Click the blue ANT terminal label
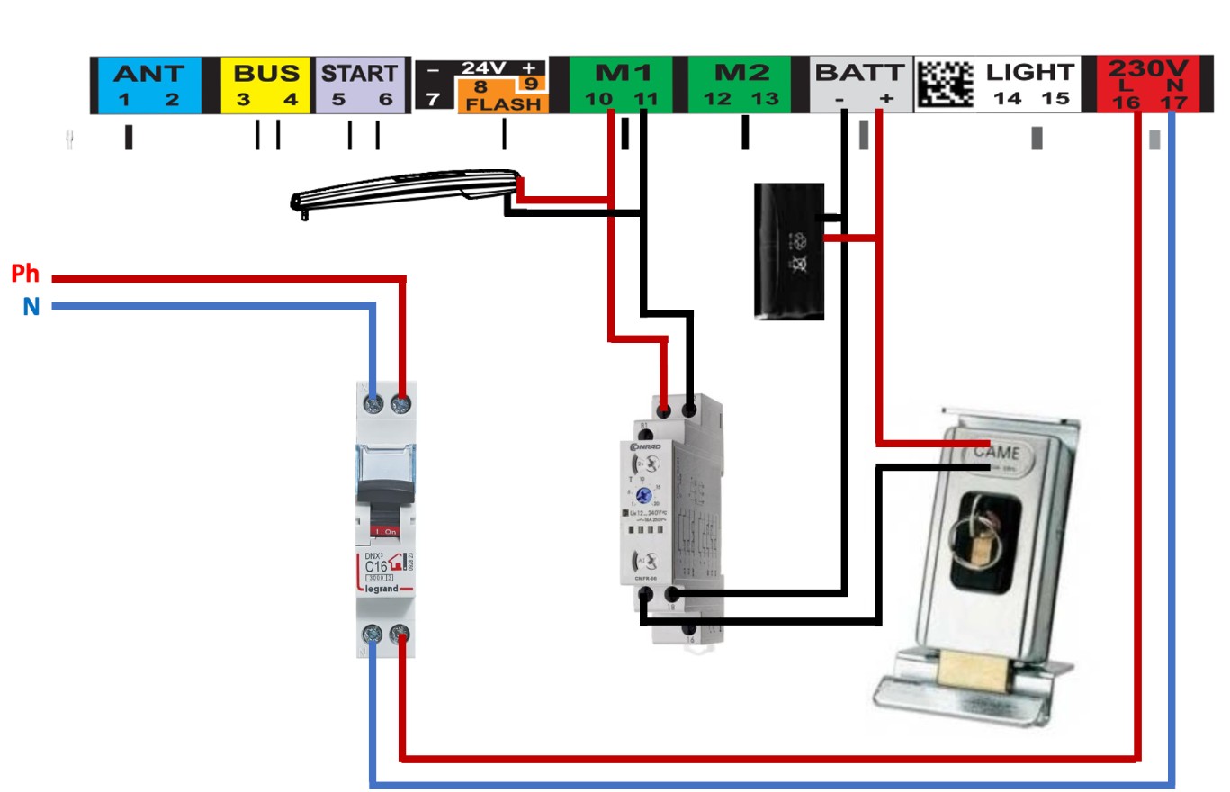coord(148,73)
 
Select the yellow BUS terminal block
coord(266,85)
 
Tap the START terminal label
coord(359,73)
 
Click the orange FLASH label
coord(504,103)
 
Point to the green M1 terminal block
coord(621,85)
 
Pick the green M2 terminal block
coord(741,85)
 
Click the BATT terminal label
coord(859,73)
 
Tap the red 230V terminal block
coord(1146,85)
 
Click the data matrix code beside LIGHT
coord(945,85)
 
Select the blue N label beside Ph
coord(31,307)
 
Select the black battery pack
coord(788,251)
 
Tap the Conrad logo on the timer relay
coord(646,445)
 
